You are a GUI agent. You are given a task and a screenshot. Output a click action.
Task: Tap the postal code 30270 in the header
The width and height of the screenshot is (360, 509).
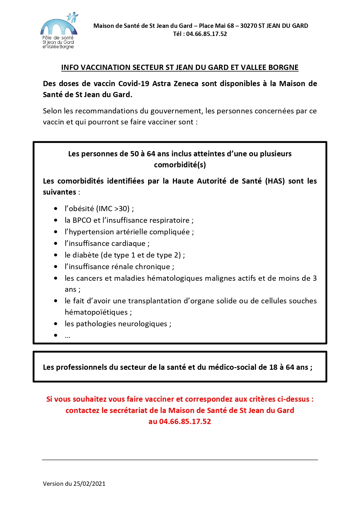pos(249,26)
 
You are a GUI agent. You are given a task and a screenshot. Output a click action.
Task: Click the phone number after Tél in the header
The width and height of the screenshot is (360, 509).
pos(206,34)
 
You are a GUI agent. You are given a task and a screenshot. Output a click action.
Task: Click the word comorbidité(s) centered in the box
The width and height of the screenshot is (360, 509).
pos(180,165)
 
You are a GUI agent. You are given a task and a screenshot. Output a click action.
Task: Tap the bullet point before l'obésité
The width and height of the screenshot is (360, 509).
pos(56,209)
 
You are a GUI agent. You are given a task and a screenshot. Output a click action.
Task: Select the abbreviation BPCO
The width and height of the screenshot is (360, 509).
pos(82,220)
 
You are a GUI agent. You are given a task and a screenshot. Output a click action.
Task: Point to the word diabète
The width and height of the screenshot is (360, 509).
pos(86,255)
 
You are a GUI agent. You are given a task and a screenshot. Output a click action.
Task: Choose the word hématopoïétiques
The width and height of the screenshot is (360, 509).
pos(96,312)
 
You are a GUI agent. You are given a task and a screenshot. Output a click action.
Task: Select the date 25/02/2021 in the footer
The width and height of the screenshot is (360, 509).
pos(89,484)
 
